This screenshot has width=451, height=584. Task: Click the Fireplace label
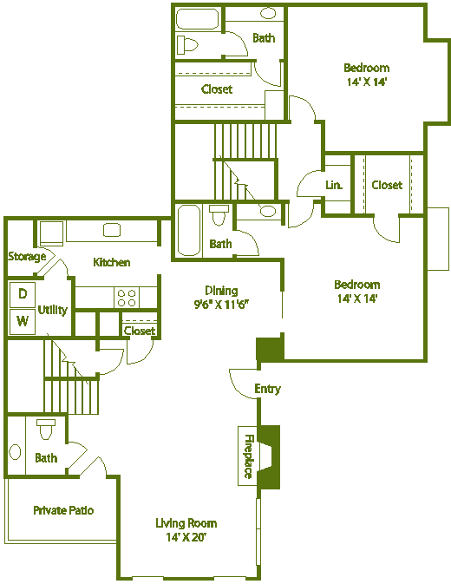coord(248,456)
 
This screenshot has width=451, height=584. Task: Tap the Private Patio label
coord(63,510)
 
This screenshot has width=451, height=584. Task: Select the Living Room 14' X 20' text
coord(186,529)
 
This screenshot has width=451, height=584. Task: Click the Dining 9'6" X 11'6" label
coord(220,297)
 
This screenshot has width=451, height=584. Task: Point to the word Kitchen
coord(112,262)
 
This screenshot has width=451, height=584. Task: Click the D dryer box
coord(23,294)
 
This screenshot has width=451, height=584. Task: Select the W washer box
coord(23,321)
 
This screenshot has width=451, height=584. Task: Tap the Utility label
coord(53,310)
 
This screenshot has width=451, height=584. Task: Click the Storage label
coord(27,256)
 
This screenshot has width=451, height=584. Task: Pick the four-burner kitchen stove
coord(126,298)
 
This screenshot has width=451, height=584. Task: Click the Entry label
coord(267,389)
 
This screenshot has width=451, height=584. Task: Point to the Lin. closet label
coord(334,185)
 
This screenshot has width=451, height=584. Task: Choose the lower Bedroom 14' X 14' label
coord(356,291)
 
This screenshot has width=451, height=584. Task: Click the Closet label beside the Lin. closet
coord(387,185)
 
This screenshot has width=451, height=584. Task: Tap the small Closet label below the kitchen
coord(139,331)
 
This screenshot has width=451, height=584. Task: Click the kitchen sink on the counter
coord(111,230)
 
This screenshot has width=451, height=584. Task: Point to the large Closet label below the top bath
coord(216,89)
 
